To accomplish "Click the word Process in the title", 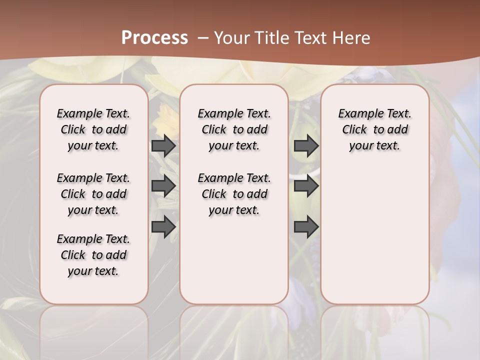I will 154,37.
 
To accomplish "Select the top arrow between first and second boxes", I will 163,146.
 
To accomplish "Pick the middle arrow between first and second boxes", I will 163,186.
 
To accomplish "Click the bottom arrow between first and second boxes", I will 163,227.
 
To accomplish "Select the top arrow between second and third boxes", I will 306,146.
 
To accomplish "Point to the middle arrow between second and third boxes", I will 306,186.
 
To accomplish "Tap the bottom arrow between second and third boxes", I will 306,227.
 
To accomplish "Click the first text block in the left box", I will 93,129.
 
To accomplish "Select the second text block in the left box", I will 93,194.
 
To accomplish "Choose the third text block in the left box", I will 93,255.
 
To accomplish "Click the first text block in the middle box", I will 234,129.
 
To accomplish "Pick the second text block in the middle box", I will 234,194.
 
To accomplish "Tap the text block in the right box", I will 375,129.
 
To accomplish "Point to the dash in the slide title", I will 202,37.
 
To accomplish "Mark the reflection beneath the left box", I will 94,330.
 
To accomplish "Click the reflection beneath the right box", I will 375,330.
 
